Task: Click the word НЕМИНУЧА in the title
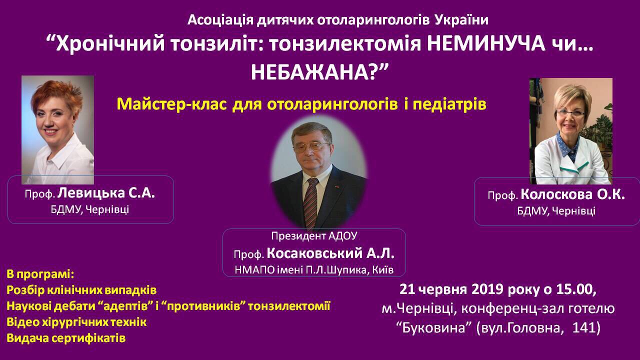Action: [x=483, y=44]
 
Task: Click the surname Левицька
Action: [x=91, y=193]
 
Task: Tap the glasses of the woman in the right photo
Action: [x=571, y=113]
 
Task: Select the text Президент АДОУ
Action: [x=314, y=236]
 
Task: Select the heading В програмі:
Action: [x=40, y=274]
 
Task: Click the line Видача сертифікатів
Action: [x=66, y=338]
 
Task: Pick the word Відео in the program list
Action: [x=22, y=322]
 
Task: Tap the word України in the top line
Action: [x=461, y=20]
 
